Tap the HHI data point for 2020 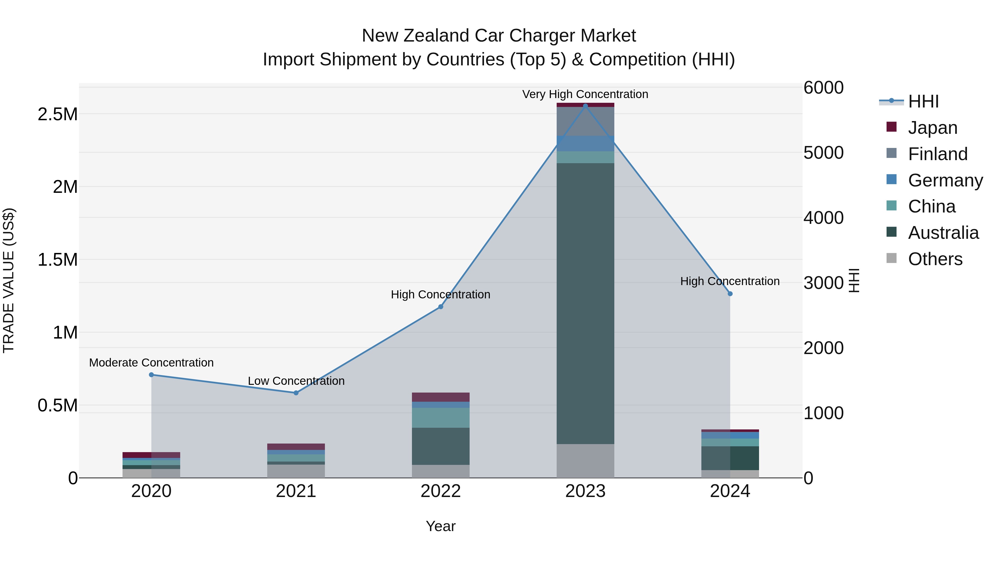[x=151, y=375]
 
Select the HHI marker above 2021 [x=296, y=393]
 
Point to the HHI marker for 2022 [x=441, y=307]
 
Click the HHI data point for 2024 [x=730, y=294]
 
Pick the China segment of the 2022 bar [x=441, y=418]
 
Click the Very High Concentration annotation [x=585, y=94]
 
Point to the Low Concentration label [x=296, y=381]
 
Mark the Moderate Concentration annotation [x=151, y=363]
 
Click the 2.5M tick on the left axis [x=57, y=115]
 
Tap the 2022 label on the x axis [x=441, y=491]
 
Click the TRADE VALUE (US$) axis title [x=9, y=280]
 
